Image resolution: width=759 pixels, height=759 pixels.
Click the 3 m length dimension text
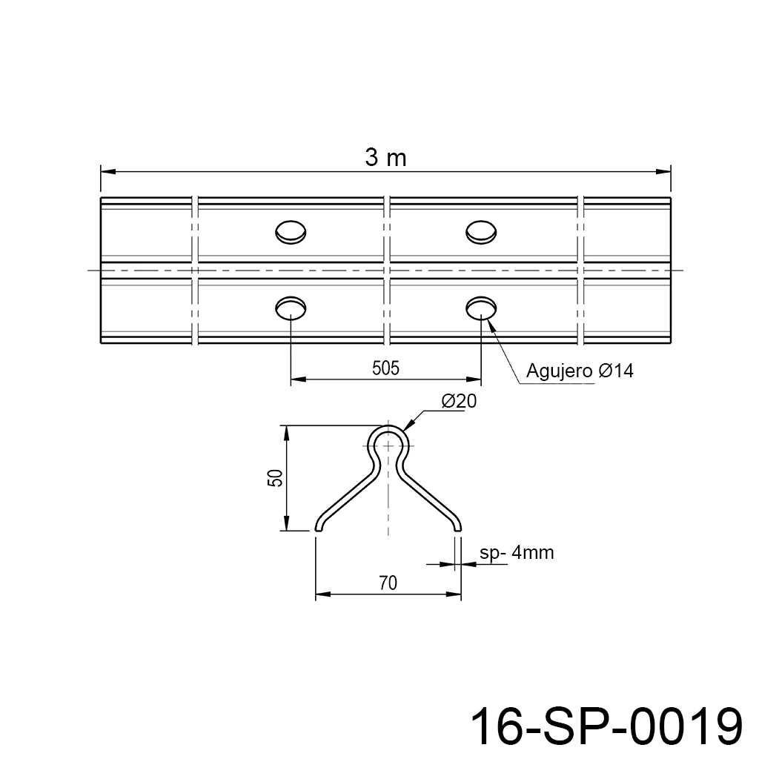tap(385, 158)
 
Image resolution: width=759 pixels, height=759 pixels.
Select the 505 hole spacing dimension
tap(385, 369)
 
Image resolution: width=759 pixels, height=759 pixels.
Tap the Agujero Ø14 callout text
tap(580, 371)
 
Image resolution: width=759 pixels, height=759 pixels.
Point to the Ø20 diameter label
tap(459, 401)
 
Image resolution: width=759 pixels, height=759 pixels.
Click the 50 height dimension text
tap(275, 478)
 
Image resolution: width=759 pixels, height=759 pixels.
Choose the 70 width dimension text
tap(388, 583)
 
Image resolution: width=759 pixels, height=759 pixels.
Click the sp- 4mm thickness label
tap(517, 553)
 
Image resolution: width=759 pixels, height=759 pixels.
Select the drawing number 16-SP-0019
tap(606, 726)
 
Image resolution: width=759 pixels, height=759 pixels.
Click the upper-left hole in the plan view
tap(291, 232)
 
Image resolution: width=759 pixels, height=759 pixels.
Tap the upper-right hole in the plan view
tap(481, 232)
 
